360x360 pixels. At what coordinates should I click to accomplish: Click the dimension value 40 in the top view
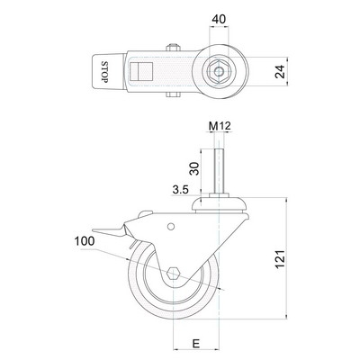219,19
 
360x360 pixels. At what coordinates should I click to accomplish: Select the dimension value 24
280,72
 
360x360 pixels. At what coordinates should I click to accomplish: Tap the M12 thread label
220,126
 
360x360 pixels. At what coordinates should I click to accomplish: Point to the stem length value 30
194,168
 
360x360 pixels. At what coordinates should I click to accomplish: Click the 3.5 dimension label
180,189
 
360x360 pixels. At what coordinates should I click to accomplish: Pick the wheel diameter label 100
85,241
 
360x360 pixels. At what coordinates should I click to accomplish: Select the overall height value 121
280,259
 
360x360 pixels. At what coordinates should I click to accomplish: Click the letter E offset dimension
196,344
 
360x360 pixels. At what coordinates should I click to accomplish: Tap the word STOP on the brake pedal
104,72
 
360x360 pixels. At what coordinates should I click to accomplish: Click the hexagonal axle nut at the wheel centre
174,274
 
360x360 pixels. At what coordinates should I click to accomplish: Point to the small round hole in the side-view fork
171,227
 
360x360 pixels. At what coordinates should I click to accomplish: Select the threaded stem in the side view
219,171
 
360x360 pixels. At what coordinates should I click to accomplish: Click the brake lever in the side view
110,231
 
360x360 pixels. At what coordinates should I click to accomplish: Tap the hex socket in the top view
219,72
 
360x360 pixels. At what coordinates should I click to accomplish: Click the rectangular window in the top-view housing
141,72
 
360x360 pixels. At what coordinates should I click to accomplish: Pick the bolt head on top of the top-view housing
174,47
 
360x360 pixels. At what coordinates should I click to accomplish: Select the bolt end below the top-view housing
173,94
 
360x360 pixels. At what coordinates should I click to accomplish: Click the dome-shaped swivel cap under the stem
219,204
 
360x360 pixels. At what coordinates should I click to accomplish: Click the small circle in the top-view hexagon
219,72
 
